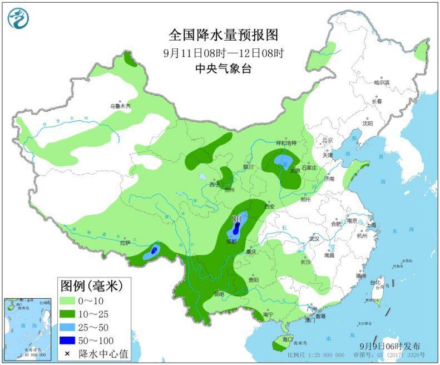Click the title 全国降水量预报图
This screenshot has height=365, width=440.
pyautogui.click(x=223, y=35)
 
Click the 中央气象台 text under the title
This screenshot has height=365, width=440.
pyautogui.click(x=223, y=68)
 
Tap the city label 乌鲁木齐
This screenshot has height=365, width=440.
pyautogui.click(x=120, y=105)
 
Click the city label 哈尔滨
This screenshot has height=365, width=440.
pyautogui.click(x=382, y=82)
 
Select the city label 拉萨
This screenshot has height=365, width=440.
pyautogui.click(x=125, y=243)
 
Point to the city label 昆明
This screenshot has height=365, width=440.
pyautogui.click(x=219, y=293)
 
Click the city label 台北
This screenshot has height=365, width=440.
pyautogui.click(x=382, y=283)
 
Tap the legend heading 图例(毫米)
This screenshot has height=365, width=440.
pyautogui.click(x=91, y=286)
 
